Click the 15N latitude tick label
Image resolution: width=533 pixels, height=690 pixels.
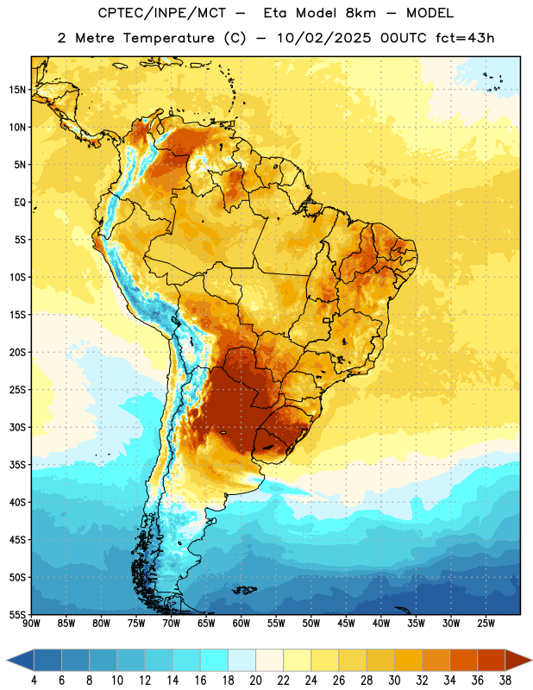17,90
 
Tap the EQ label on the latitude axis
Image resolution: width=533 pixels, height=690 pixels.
20,203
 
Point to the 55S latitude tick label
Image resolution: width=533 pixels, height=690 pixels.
17,614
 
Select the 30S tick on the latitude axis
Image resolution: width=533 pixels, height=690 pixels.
17,427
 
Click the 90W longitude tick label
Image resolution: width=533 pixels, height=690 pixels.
31,624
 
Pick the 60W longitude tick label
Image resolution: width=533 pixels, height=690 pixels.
241,624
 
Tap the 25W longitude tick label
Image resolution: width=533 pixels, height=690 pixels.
486,624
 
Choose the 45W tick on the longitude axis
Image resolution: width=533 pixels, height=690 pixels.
346,624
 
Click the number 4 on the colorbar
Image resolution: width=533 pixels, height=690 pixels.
34,681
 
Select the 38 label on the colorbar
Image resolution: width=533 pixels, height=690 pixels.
505,681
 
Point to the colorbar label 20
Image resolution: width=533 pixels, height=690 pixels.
255,681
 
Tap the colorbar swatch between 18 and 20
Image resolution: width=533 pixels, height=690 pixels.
242,661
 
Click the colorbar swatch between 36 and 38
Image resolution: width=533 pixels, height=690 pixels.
492,661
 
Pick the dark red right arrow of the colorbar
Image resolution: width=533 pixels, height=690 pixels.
517,661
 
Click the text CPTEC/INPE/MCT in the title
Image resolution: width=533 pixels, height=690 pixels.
162,14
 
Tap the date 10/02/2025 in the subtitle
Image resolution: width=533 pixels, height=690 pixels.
324,38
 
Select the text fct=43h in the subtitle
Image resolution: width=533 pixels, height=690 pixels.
465,38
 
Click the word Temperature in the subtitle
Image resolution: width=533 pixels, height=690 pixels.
168,39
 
